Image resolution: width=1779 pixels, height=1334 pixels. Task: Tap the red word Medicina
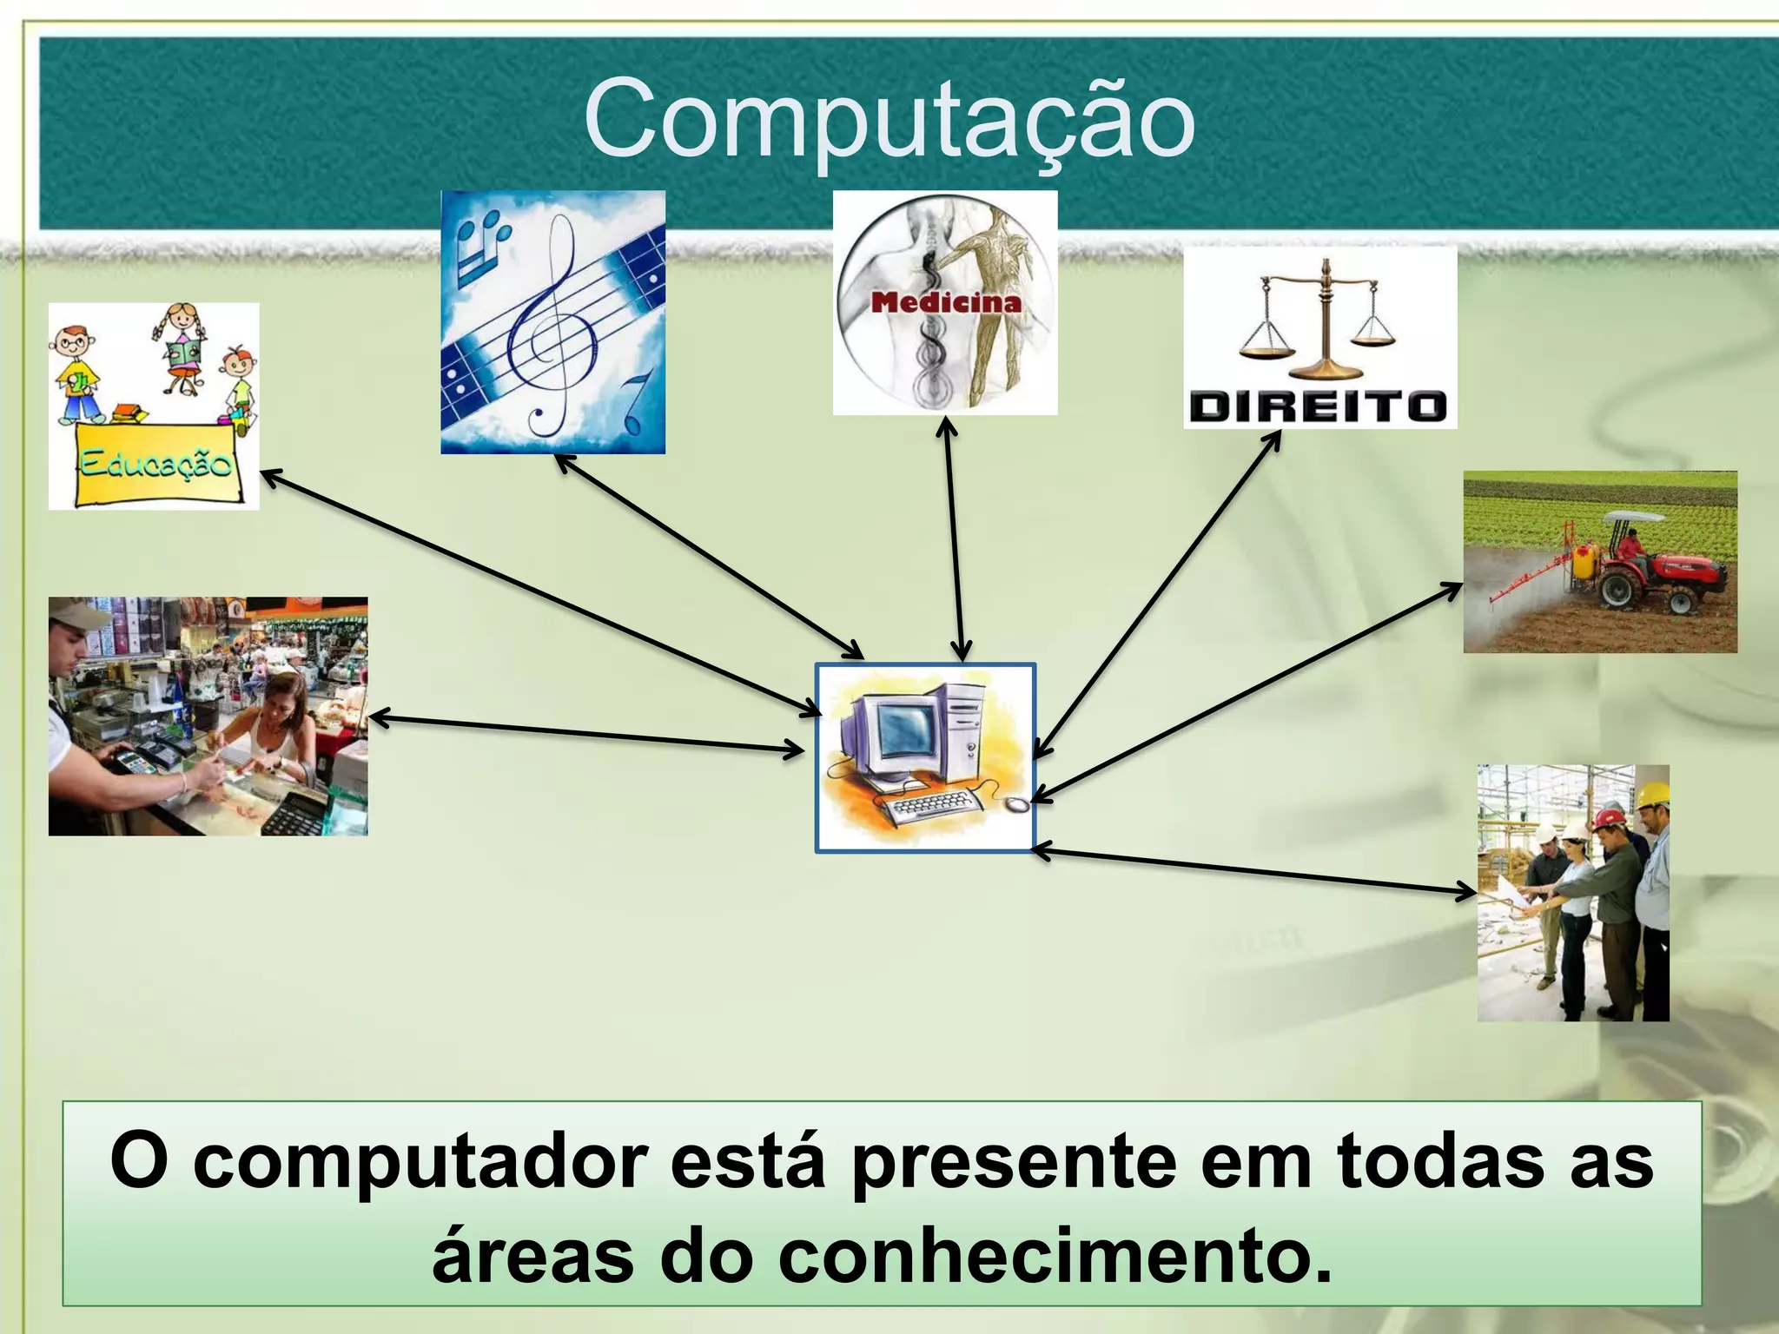click(x=946, y=302)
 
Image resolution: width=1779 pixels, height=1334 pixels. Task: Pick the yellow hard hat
click(x=1653, y=794)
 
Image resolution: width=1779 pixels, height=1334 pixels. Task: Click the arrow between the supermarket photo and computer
click(x=586, y=734)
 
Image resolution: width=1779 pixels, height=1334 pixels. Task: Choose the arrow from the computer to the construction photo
click(x=1255, y=871)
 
